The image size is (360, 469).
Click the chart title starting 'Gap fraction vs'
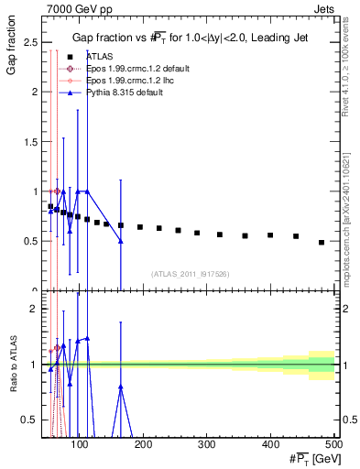click(x=190, y=38)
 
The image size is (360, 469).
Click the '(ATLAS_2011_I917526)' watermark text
click(x=189, y=273)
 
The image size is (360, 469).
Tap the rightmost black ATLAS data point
click(x=322, y=242)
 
